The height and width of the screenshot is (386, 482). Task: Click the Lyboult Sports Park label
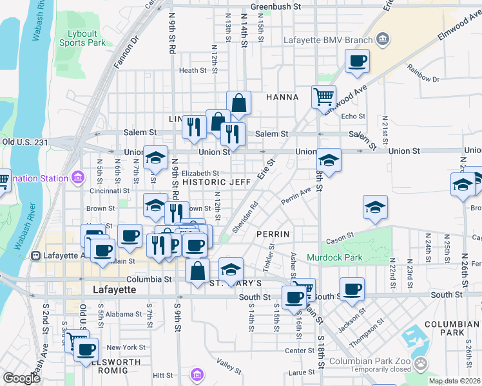(x=82, y=38)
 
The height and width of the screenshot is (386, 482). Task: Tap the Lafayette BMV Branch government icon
(x=383, y=40)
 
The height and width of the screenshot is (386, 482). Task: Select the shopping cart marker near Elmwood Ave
(x=323, y=98)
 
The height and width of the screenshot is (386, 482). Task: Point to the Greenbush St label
(x=276, y=6)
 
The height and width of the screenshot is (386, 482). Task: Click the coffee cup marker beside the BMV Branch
(x=356, y=62)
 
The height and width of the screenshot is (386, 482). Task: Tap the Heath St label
(x=193, y=71)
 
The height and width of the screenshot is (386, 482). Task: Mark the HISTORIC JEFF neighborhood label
(x=217, y=183)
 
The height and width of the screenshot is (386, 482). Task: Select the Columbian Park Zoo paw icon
(x=420, y=363)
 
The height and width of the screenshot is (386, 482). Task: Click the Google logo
(x=21, y=378)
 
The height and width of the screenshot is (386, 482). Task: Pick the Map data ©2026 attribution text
(x=454, y=381)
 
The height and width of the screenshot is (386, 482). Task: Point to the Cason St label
(x=337, y=241)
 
